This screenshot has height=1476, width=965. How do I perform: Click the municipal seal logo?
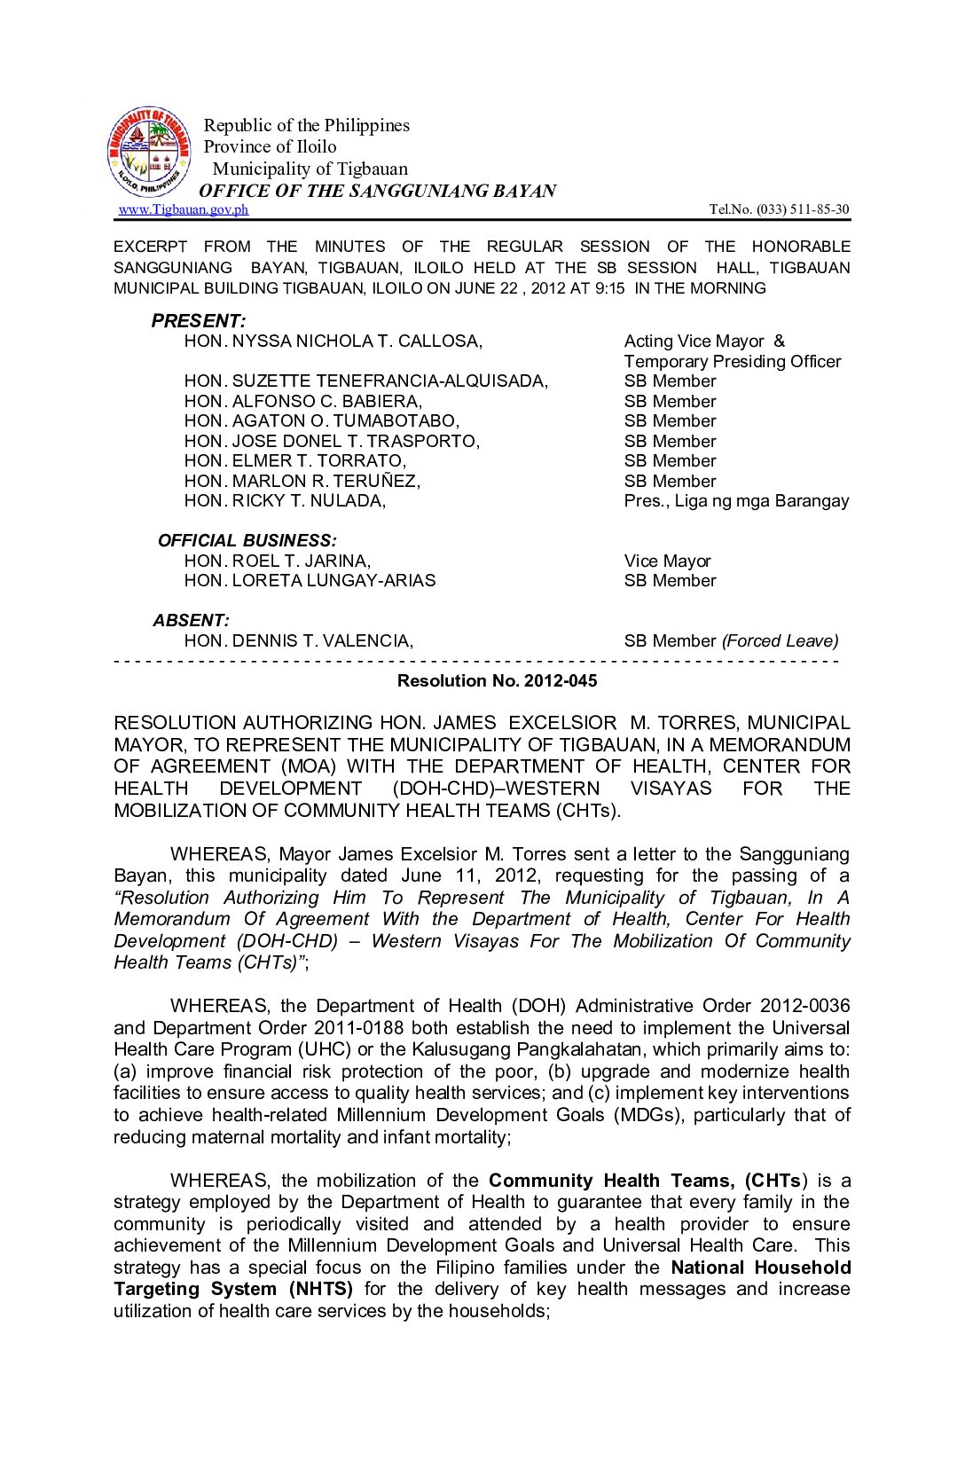pyautogui.click(x=148, y=153)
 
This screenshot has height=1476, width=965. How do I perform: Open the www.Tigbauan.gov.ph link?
pyautogui.click(x=184, y=209)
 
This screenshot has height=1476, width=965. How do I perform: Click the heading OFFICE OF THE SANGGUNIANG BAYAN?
pyautogui.click(x=377, y=191)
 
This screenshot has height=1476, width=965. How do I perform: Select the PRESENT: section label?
pyautogui.click(x=198, y=321)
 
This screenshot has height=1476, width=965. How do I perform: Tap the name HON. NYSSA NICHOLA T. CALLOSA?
pyautogui.click(x=333, y=342)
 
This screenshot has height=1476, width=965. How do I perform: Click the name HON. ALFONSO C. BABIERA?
pyautogui.click(x=302, y=401)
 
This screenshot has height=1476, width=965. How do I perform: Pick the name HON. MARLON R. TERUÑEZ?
pyautogui.click(x=302, y=481)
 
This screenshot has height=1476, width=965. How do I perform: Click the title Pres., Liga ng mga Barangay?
pyautogui.click(x=736, y=501)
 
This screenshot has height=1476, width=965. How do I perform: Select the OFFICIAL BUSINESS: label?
pyautogui.click(x=247, y=540)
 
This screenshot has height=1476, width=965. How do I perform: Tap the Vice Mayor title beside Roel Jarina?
pyautogui.click(x=667, y=561)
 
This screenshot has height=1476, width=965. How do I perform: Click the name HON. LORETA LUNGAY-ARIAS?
pyautogui.click(x=310, y=581)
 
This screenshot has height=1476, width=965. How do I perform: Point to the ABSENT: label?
pyautogui.click(x=191, y=620)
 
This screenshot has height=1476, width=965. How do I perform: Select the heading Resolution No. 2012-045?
pyautogui.click(x=497, y=680)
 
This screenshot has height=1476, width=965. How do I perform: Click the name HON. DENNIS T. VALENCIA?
pyautogui.click(x=298, y=640)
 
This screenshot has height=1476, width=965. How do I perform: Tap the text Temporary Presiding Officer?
pyautogui.click(x=732, y=361)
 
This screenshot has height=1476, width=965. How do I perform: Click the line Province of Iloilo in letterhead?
pyautogui.click(x=270, y=146)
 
